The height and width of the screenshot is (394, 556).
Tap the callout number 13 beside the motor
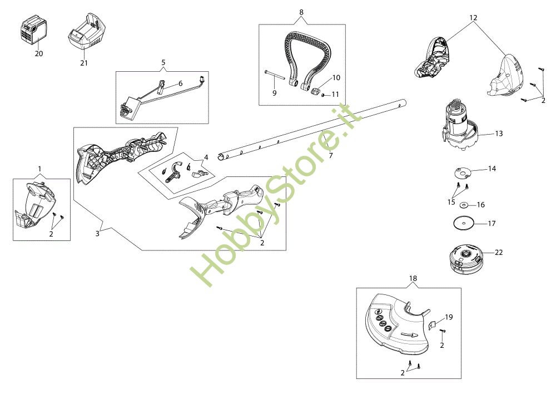pyautogui.click(x=499, y=134)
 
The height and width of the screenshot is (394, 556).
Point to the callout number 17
pyautogui.click(x=492, y=224)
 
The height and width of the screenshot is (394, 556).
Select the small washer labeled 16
pyautogui.click(x=465, y=204)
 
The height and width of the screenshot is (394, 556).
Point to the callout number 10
pyautogui.click(x=336, y=77)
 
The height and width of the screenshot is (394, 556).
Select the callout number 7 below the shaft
pyautogui.click(x=331, y=156)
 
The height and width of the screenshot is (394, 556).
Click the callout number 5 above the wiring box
pyautogui.click(x=163, y=62)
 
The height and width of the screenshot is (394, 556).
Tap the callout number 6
pyautogui.click(x=180, y=83)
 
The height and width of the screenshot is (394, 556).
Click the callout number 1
pyautogui.click(x=39, y=168)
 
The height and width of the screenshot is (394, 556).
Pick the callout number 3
pyautogui.click(x=97, y=233)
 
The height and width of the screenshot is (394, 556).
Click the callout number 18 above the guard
pyautogui.click(x=413, y=278)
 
